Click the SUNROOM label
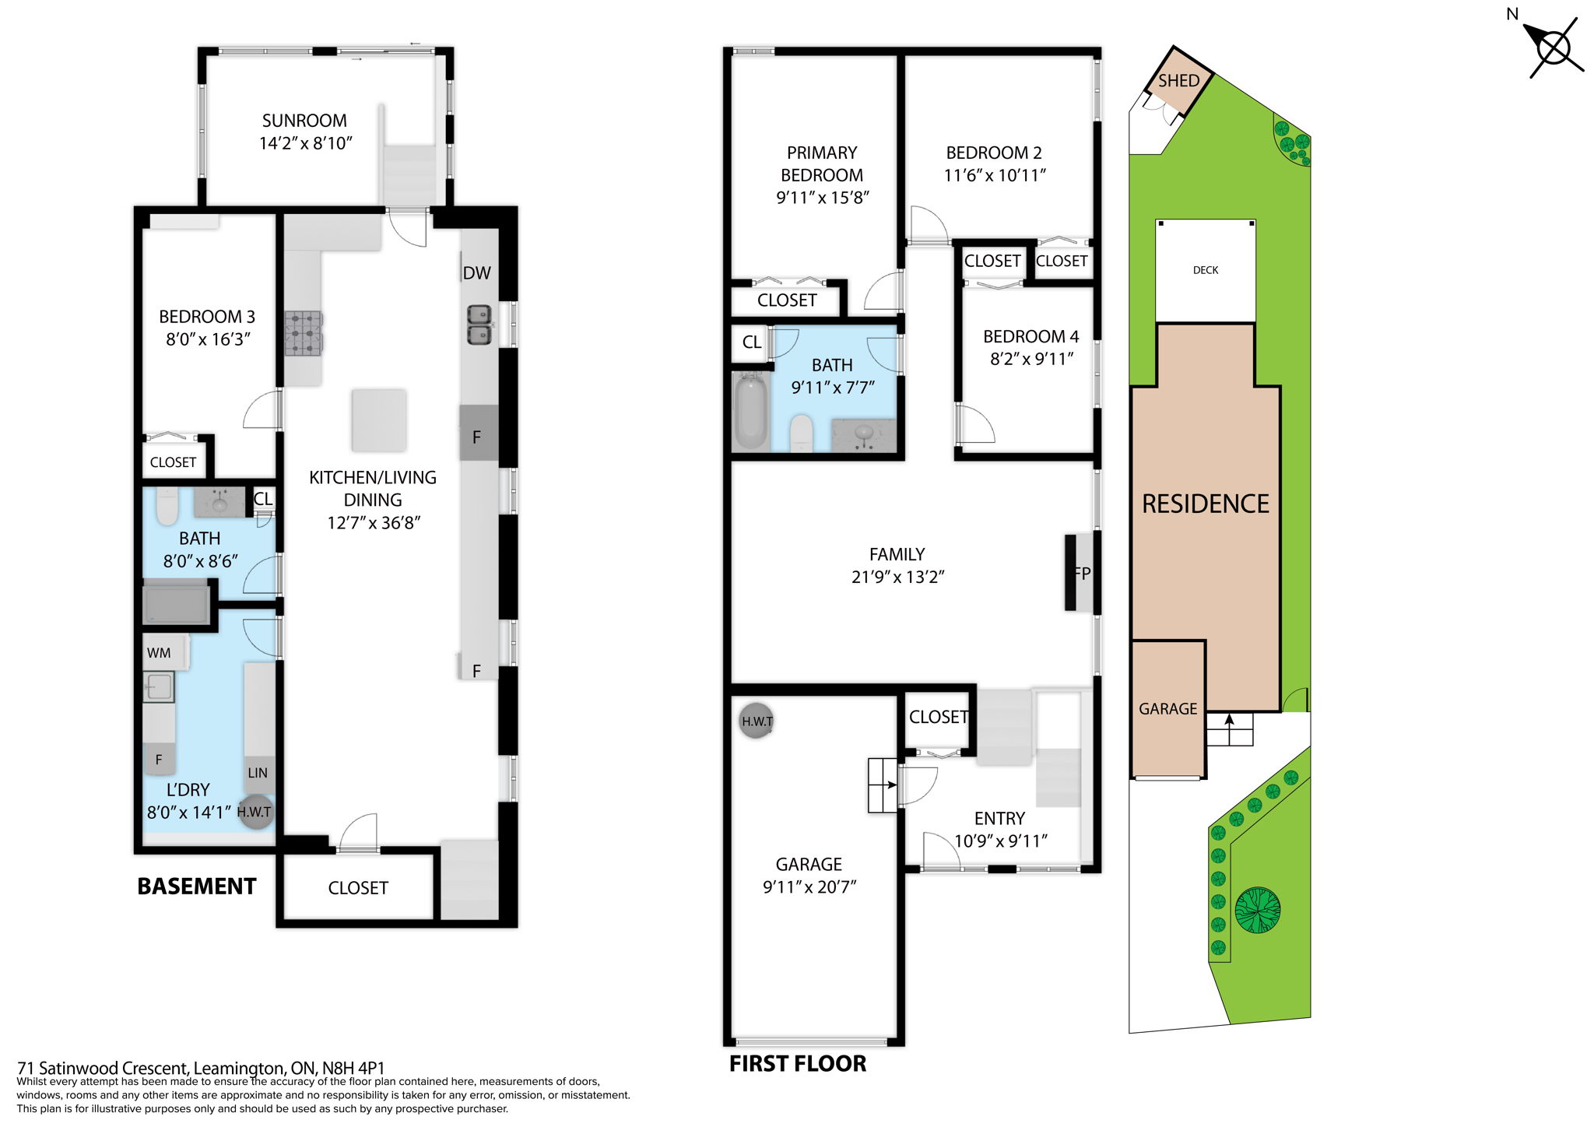point(304,121)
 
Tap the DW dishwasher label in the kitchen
point(476,273)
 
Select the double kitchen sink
point(479,325)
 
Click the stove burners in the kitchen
point(304,333)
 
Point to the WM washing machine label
point(159,653)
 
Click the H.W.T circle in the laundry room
point(255,812)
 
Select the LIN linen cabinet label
point(258,773)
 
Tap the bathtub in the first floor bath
point(751,411)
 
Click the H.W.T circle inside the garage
point(756,721)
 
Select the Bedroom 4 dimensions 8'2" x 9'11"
point(1031,359)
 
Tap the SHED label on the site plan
point(1178,81)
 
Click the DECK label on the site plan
point(1205,270)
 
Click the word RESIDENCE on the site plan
point(1205,504)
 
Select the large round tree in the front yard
point(1257,910)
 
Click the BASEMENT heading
point(196,887)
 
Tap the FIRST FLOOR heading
point(797,1064)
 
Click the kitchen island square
point(379,420)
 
